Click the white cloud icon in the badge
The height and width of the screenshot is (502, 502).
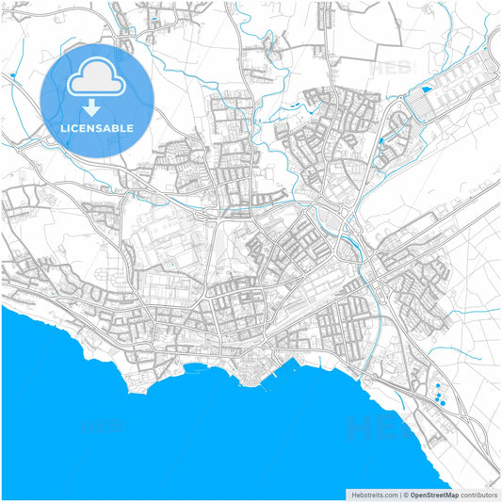coord(97,78)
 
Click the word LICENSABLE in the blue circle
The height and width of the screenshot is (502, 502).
coord(97,127)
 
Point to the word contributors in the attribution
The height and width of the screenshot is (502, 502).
coord(478,494)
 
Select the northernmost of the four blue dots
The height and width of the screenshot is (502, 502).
coord(437,386)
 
